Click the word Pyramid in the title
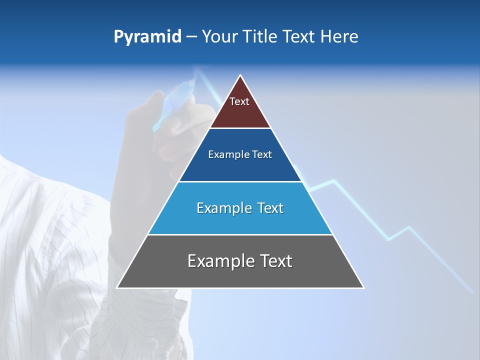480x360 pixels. tap(147, 37)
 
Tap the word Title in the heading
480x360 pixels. tap(260, 37)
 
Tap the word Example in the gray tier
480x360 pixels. tap(218, 261)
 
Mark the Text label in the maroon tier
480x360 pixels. tap(239, 101)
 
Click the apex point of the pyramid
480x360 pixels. tap(240, 76)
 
